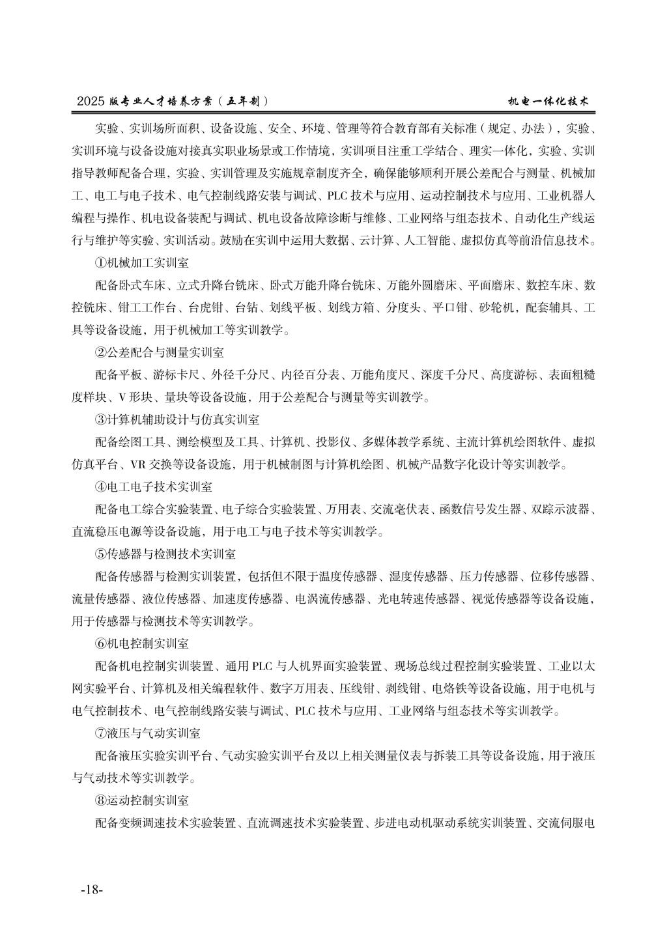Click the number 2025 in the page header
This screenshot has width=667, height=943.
point(91,102)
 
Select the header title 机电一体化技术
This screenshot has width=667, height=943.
point(549,102)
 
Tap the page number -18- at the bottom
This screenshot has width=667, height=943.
point(91,890)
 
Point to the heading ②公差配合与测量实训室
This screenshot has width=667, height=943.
point(160,352)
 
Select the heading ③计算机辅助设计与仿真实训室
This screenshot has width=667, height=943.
point(177,420)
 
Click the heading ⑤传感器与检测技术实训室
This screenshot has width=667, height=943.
point(165,554)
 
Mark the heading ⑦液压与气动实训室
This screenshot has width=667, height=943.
point(148,733)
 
